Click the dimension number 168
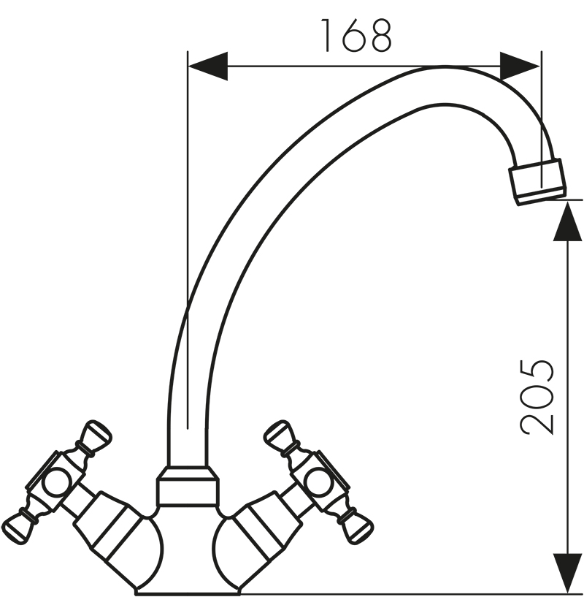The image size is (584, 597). [x=356, y=35]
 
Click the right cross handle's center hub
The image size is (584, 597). [x=318, y=481]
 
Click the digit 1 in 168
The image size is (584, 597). [x=326, y=35]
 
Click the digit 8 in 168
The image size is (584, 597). [x=380, y=35]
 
